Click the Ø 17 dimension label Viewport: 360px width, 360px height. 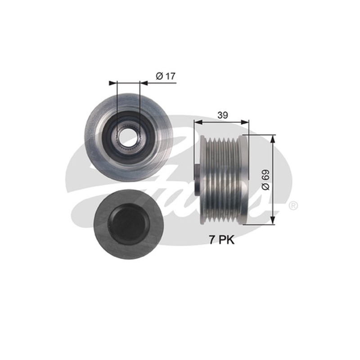pyautogui.click(x=166, y=76)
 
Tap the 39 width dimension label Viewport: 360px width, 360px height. pyautogui.click(x=222, y=115)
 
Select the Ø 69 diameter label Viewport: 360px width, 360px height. pyautogui.click(x=265, y=180)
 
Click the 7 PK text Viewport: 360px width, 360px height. pyautogui.click(x=221, y=240)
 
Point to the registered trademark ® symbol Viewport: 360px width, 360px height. pyautogui.click(x=293, y=206)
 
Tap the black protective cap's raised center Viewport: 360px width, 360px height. pyautogui.click(x=129, y=223)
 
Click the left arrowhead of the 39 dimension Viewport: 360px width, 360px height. pyautogui.click(x=198, y=122)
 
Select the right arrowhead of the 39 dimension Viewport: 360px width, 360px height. pyautogui.click(x=245, y=122)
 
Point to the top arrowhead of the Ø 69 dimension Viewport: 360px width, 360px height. pyautogui.click(x=273, y=139)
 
